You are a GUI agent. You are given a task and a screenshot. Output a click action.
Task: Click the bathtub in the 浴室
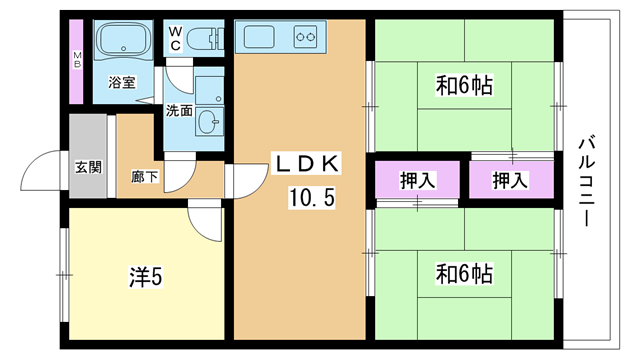[123, 39]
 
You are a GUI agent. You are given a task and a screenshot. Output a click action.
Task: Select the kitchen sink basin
[259, 37]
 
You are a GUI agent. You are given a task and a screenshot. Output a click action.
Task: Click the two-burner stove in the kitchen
[306, 37]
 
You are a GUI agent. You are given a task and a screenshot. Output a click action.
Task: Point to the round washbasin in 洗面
[209, 122]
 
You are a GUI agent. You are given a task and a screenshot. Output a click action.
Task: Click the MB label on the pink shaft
[77, 60]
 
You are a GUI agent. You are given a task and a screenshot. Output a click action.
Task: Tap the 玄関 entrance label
[88, 167]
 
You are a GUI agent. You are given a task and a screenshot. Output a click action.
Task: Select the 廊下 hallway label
[144, 177]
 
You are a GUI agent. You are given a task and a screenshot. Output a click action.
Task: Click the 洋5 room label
[146, 277]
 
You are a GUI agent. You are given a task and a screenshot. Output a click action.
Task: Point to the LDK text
[307, 164]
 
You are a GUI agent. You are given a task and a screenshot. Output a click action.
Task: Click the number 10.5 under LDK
[312, 198]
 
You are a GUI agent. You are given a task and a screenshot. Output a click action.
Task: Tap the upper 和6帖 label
[464, 85]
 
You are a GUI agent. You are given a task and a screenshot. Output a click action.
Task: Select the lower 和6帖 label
[464, 273]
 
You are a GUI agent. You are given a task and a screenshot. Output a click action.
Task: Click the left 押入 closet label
[418, 180]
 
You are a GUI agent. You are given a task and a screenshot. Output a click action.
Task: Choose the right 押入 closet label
[511, 180]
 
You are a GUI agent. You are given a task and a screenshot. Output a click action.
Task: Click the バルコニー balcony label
[587, 182]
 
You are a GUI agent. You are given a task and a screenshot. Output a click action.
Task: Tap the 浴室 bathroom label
[122, 82]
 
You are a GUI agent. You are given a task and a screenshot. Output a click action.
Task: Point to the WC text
[175, 38]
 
